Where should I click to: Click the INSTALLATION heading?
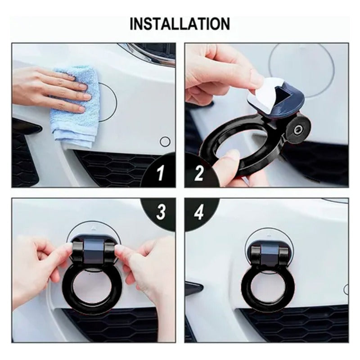(180, 23)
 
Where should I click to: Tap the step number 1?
(161, 174)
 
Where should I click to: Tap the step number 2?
(199, 174)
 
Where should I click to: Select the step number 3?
(161, 212)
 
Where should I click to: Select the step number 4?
(199, 212)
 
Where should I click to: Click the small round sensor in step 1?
(165, 142)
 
